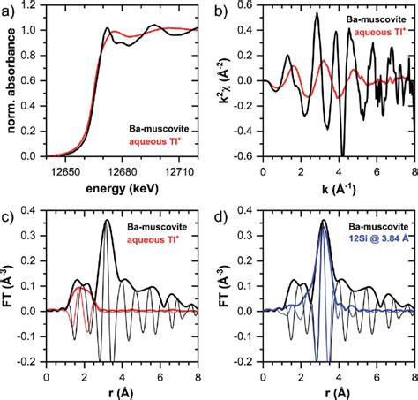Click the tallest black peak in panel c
point(108,221)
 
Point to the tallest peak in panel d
point(324,221)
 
